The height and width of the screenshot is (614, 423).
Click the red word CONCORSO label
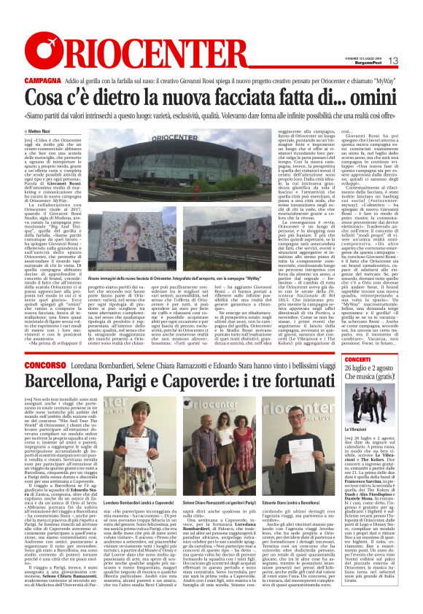[46, 363]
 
